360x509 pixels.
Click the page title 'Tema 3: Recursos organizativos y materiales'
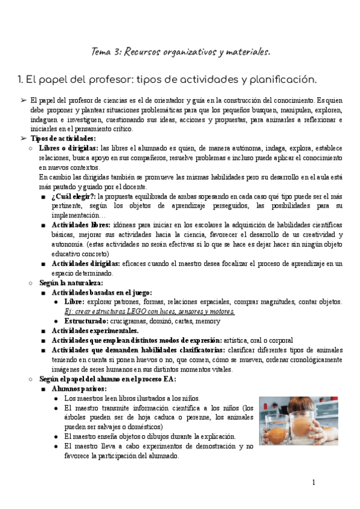click(180, 52)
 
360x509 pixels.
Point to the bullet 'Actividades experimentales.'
click(95, 331)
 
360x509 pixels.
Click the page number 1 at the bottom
click(314, 483)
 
